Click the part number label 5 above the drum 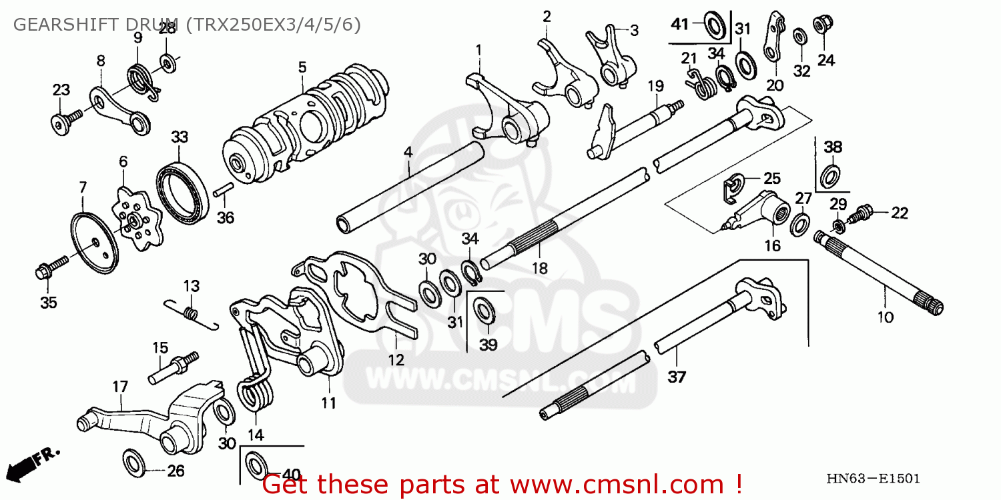pyautogui.click(x=302, y=67)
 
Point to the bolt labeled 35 pyautogui.click(x=49, y=269)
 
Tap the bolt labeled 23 pyautogui.click(x=63, y=123)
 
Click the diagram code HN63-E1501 pyautogui.click(x=873, y=478)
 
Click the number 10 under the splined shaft pyautogui.click(x=885, y=317)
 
